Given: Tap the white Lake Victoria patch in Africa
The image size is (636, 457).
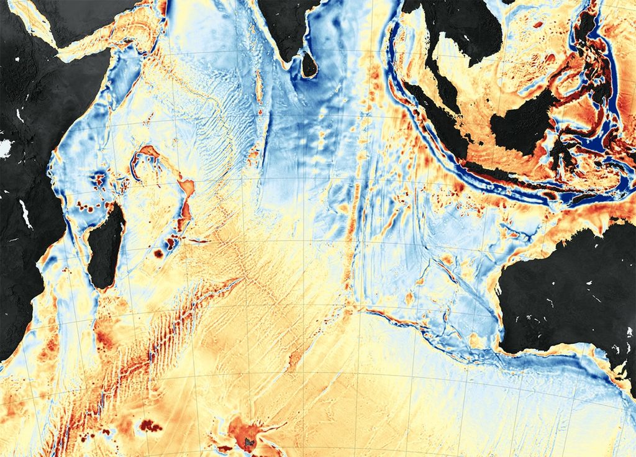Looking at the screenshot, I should (5, 148).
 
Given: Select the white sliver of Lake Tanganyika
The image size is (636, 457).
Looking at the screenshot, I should (26, 214).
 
